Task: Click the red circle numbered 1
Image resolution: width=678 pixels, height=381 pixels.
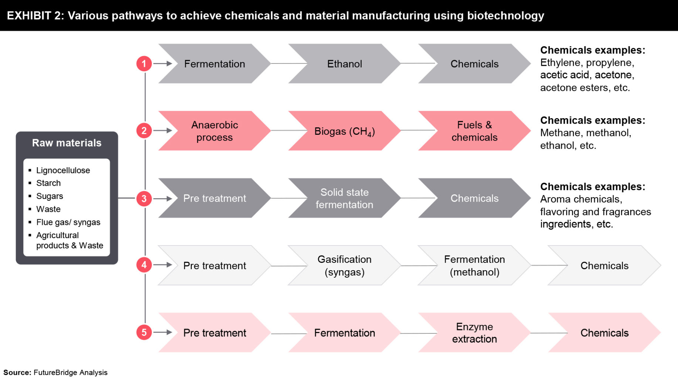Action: coord(144,63)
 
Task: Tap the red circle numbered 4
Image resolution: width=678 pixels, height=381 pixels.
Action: coord(144,265)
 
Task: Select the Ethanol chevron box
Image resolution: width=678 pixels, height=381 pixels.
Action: coord(344,64)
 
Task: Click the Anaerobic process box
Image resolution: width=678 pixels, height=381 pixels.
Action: coord(214,131)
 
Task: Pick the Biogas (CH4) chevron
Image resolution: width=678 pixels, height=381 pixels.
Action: coord(344,131)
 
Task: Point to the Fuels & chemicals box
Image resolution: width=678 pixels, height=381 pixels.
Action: coord(474,131)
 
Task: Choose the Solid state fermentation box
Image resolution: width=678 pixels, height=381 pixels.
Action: coord(344,198)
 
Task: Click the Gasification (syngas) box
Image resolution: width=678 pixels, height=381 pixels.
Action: coord(344,265)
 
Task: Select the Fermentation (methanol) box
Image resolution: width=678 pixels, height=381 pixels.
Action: coord(474,265)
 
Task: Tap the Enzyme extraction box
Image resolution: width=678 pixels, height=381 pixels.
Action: coord(474,333)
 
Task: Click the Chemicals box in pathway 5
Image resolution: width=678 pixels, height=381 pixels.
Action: coord(604,333)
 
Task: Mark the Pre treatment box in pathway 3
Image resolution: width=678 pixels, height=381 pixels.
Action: coord(214,198)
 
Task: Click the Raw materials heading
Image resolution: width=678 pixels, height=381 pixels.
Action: coord(67,143)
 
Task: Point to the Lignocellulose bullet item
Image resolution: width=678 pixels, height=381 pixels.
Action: coord(63,170)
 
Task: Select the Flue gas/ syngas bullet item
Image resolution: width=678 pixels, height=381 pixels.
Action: coord(68,222)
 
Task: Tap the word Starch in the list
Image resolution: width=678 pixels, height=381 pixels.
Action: coord(48,183)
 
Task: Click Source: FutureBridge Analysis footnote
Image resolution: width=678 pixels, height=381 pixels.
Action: coord(55,373)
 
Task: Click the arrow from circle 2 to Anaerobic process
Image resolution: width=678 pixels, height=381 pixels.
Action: coord(163,131)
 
